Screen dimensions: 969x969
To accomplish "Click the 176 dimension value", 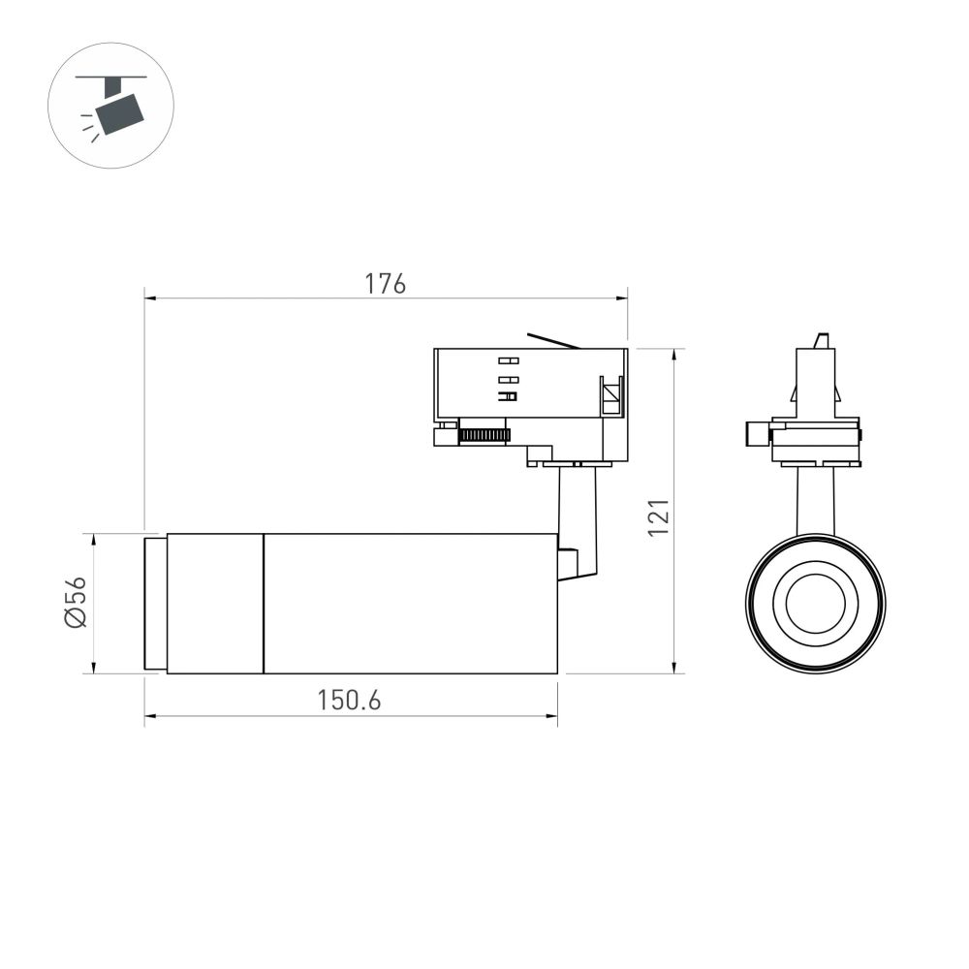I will [x=385, y=284].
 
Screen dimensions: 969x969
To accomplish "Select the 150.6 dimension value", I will [x=349, y=701].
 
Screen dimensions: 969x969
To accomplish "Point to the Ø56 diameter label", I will [x=77, y=603].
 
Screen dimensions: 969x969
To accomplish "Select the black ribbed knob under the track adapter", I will [x=484, y=434].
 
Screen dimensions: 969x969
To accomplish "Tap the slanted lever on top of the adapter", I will [x=552, y=340].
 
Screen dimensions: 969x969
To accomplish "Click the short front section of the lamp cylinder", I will [x=215, y=603].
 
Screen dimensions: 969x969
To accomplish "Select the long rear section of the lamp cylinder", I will [x=410, y=603].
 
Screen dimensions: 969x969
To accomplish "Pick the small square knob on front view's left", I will [x=757, y=434].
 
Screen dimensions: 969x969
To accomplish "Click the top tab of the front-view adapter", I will [x=822, y=340].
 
